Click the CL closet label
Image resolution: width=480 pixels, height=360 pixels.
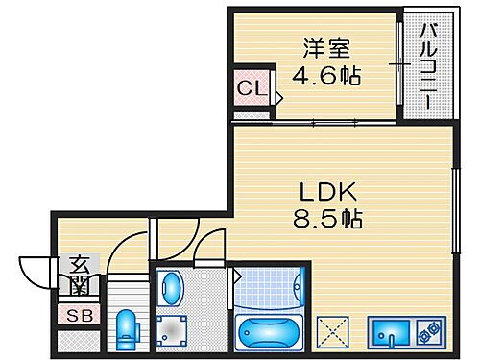tap(252, 90)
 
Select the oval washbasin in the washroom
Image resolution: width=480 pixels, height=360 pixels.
tap(170, 287)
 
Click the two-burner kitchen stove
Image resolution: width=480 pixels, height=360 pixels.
tap(429, 332)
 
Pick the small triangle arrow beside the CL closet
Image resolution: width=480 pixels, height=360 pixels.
tap(278, 96)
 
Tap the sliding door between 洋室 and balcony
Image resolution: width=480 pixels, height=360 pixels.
tap(398, 62)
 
